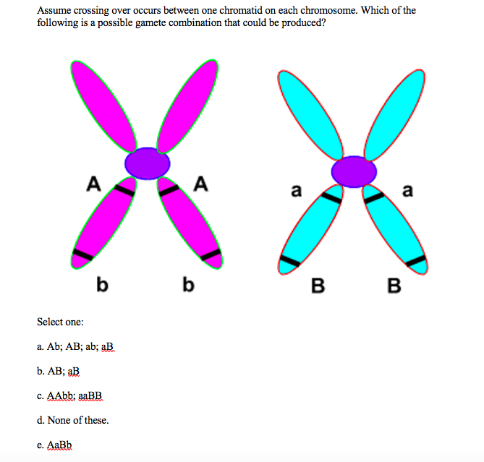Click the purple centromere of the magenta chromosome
148,163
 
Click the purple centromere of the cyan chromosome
354,172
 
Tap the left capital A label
93,184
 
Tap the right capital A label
201,184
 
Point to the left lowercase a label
294,192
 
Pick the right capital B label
394,286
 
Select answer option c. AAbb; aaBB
70,395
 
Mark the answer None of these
72,420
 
